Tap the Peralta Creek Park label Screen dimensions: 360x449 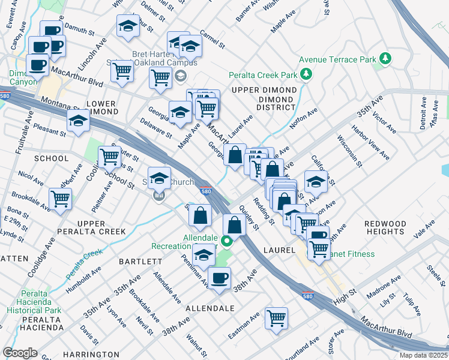click(263, 76)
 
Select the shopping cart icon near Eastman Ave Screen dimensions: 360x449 click(276, 318)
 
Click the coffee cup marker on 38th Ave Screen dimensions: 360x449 click(219, 277)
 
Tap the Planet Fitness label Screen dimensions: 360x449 click(351, 254)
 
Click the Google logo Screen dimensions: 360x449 click(20, 353)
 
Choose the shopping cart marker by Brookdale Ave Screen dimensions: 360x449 click(60, 198)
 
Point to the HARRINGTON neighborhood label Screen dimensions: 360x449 click(92, 355)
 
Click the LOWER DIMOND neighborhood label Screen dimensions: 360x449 click(101, 108)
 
